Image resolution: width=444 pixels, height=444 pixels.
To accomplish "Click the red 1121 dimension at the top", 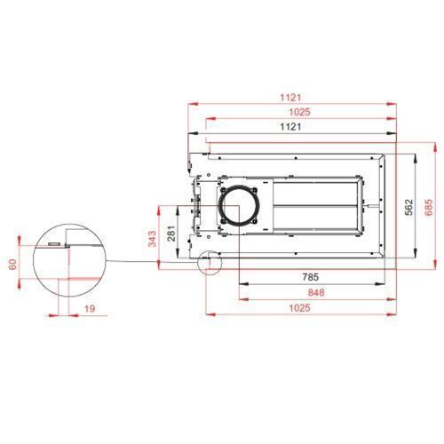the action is pyautogui.click(x=290, y=98).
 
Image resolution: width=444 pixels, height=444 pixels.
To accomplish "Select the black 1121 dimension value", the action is pyautogui.click(x=290, y=127).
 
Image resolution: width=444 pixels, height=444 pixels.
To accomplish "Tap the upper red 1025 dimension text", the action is pyautogui.click(x=300, y=112).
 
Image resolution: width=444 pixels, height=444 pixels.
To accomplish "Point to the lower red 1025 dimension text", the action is pyautogui.click(x=300, y=308).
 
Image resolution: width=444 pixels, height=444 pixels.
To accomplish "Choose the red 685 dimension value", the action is pyautogui.click(x=428, y=207).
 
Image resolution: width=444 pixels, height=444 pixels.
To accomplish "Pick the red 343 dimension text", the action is pyautogui.click(x=152, y=239).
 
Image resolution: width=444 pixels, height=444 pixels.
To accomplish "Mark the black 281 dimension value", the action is pyautogui.click(x=171, y=234).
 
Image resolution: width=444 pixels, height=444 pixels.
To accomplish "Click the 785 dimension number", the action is pyautogui.click(x=311, y=277).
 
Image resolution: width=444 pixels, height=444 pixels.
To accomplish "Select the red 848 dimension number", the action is pyautogui.click(x=316, y=292).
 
